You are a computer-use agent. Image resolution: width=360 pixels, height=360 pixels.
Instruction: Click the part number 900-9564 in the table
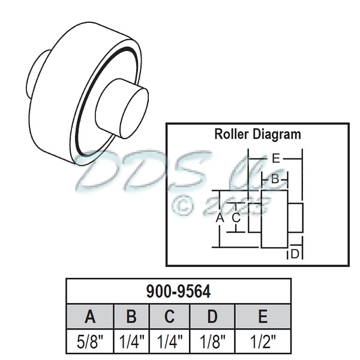click(x=178, y=292)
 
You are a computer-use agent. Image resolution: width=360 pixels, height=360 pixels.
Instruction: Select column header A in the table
click(x=89, y=316)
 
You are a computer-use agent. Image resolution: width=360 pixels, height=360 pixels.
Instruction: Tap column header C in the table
click(x=170, y=316)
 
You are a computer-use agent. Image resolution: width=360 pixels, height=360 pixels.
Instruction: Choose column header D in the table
click(x=212, y=316)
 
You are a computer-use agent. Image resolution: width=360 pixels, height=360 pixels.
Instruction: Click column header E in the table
click(x=262, y=316)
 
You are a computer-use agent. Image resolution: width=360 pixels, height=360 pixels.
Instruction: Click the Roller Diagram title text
click(x=257, y=134)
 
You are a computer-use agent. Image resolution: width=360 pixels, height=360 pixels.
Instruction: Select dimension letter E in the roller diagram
click(x=275, y=158)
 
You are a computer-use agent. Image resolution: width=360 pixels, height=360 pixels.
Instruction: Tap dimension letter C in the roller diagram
click(x=236, y=217)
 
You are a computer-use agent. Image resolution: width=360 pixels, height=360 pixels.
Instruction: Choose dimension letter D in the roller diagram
click(x=295, y=254)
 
